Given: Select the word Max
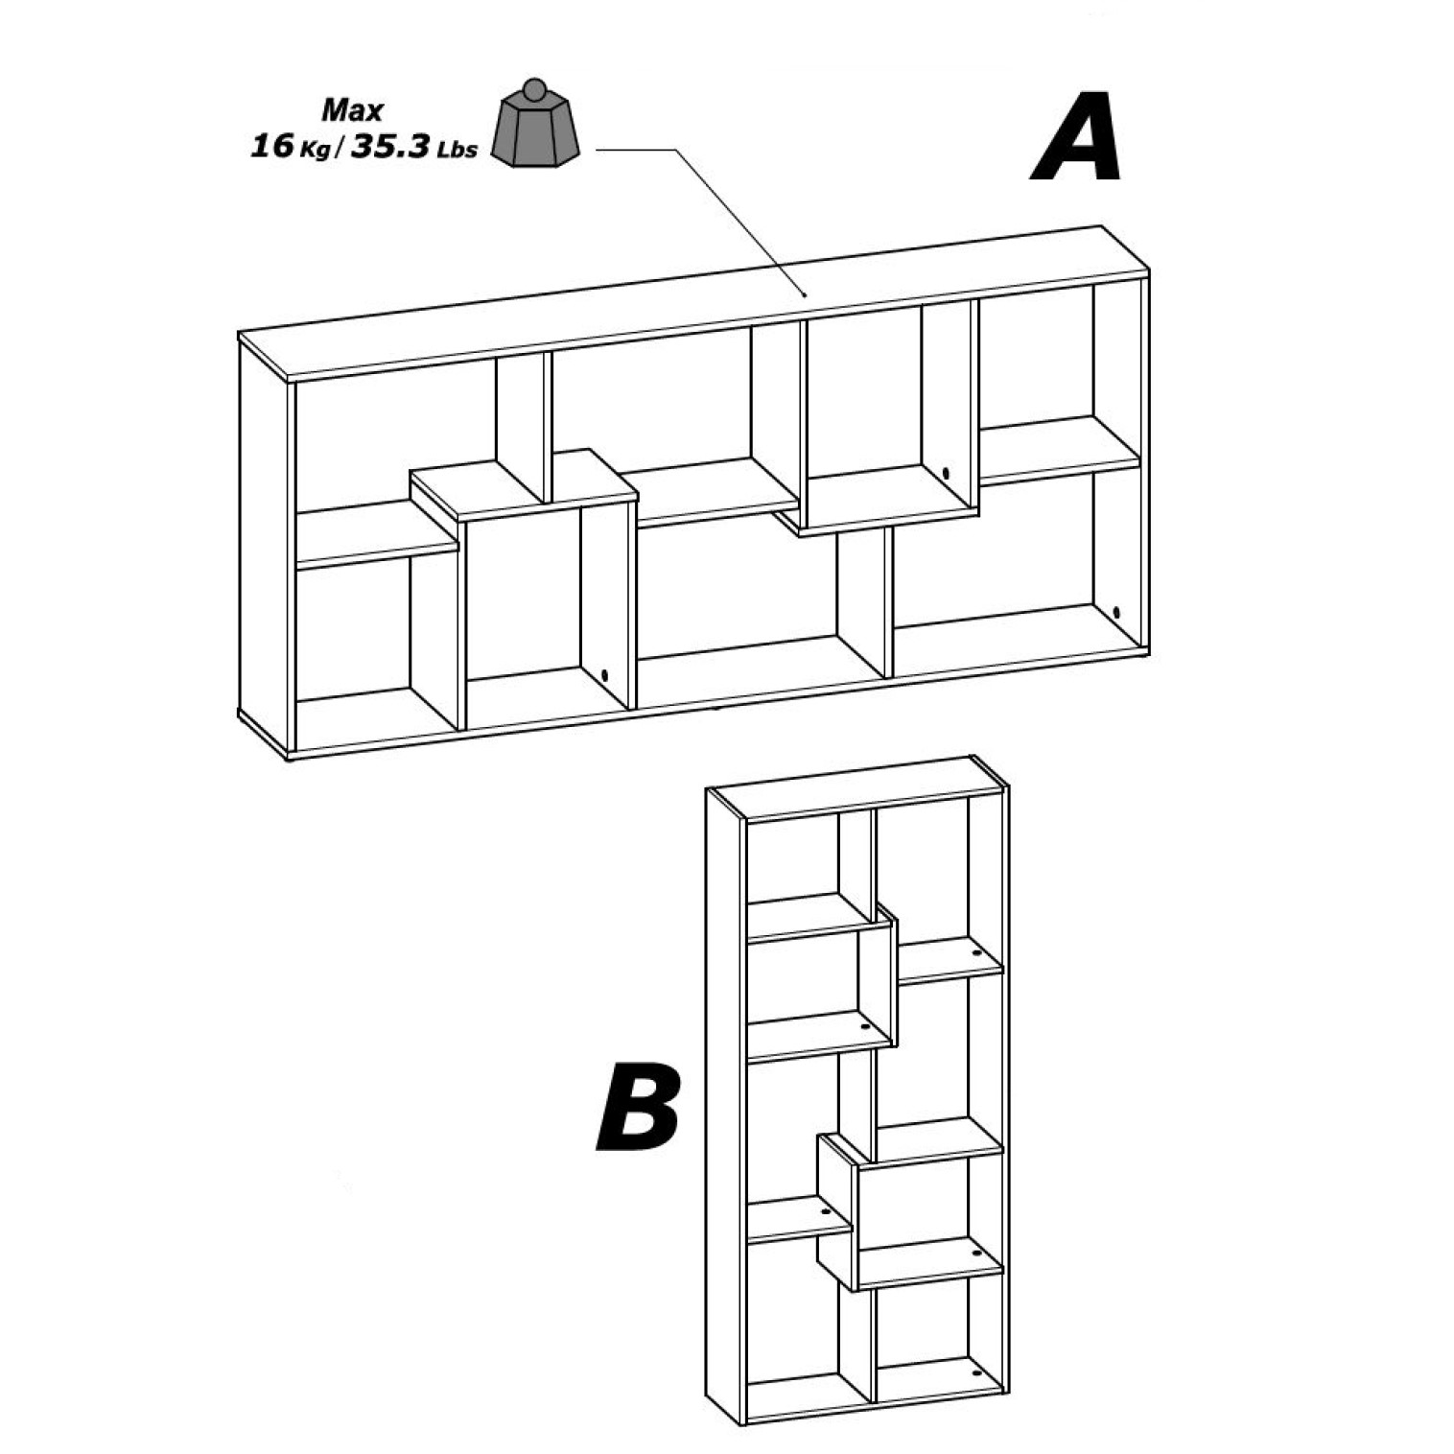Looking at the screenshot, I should coord(352,110).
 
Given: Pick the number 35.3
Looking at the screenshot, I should coord(389,147).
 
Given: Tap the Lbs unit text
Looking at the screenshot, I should coord(457,150).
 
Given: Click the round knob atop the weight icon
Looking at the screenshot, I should coord(535,88).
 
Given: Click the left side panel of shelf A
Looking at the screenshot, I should coord(265,547).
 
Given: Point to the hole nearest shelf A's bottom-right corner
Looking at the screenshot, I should coord(1115,611).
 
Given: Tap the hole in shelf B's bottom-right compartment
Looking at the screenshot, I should coord(977,1372).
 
